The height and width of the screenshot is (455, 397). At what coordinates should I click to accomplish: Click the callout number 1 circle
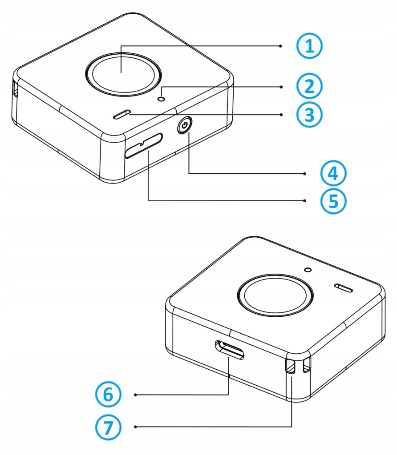click(309, 46)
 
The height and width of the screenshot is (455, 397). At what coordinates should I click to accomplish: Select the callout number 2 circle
click(309, 86)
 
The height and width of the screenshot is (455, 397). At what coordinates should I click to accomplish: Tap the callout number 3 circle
click(309, 114)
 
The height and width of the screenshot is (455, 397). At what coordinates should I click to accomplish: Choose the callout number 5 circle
click(333, 200)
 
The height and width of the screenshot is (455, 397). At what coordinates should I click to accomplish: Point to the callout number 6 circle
click(107, 394)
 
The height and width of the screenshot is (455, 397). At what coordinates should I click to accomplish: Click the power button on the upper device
click(184, 126)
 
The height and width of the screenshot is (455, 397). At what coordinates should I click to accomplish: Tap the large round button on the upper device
click(122, 73)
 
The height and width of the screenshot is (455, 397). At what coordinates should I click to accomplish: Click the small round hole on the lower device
click(307, 270)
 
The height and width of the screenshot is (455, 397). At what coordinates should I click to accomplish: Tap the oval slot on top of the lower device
click(343, 288)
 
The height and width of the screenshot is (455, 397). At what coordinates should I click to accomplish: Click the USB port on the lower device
click(230, 350)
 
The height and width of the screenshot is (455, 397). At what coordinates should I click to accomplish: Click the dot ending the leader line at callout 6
click(135, 394)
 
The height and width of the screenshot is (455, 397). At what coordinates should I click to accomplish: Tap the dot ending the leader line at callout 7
click(135, 427)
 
